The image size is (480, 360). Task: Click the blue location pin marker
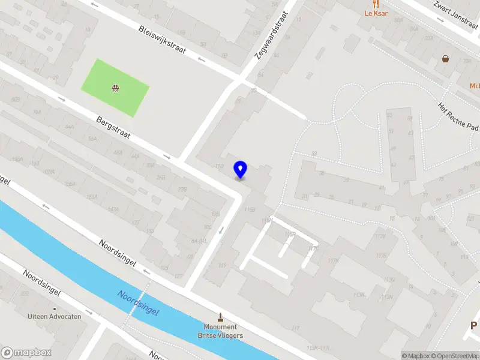pyautogui.click(x=241, y=169)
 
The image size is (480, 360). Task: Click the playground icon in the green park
pyautogui.click(x=115, y=89)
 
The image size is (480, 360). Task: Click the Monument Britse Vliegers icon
pyautogui.click(x=221, y=317)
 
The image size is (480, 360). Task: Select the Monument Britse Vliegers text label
pyautogui.click(x=221, y=331)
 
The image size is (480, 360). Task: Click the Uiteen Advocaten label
pyautogui.click(x=55, y=316)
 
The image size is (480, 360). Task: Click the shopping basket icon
pyautogui.click(x=446, y=59)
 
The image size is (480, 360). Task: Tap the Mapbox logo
pyautogui.click(x=26, y=353)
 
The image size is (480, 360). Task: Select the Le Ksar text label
pyautogui.click(x=376, y=13)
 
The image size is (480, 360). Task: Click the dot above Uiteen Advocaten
pyautogui.click(x=55, y=308)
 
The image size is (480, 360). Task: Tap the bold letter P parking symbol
pyautogui.click(x=473, y=326)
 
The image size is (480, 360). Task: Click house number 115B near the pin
pyautogui.click(x=250, y=209)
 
